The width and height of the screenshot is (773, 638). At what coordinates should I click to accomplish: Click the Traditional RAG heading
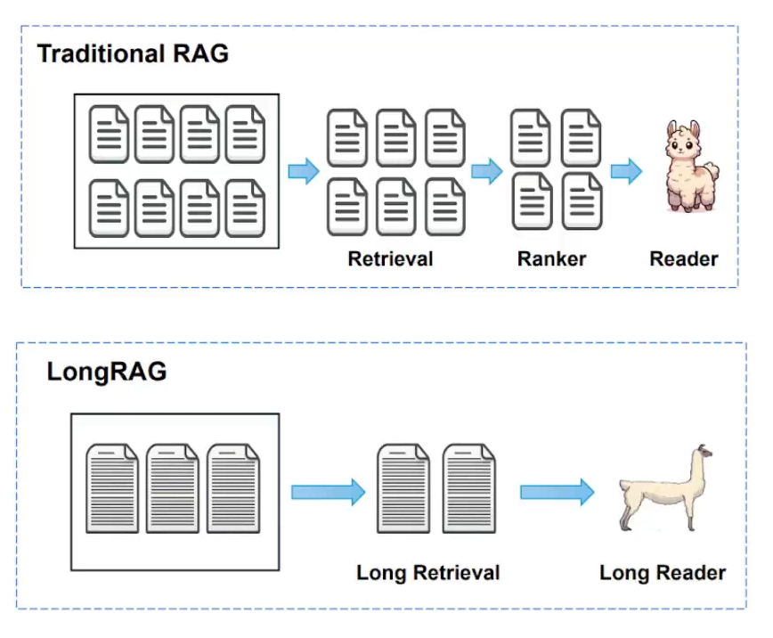(x=133, y=53)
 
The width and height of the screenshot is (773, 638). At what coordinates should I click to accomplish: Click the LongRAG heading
(x=107, y=372)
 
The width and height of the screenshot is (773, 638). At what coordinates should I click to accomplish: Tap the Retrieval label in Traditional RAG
(x=390, y=258)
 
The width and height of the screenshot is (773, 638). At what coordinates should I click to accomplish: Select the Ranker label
(x=551, y=258)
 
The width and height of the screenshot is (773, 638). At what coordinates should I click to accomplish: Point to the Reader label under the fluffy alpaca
(x=684, y=258)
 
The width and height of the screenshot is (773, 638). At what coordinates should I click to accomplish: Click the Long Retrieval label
(x=427, y=573)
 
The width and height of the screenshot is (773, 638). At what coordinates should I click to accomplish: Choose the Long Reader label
(x=663, y=573)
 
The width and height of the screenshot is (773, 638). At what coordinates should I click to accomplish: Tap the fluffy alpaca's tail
(x=711, y=171)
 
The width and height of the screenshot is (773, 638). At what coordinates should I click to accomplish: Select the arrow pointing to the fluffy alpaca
(x=626, y=171)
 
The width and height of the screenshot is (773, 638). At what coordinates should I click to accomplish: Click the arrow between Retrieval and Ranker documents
(x=487, y=171)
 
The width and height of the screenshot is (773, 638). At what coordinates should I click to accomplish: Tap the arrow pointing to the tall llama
(x=557, y=492)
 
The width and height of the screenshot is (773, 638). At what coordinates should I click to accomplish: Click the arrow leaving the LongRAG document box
(x=329, y=492)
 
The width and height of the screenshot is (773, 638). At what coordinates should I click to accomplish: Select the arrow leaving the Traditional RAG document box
(x=304, y=171)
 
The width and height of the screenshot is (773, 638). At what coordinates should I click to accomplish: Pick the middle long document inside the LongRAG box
(x=173, y=488)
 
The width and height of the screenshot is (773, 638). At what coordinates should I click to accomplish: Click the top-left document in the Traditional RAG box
(x=109, y=135)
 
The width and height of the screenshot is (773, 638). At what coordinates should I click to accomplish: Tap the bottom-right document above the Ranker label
(x=582, y=201)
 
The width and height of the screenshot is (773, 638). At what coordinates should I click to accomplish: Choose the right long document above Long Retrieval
(x=468, y=488)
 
